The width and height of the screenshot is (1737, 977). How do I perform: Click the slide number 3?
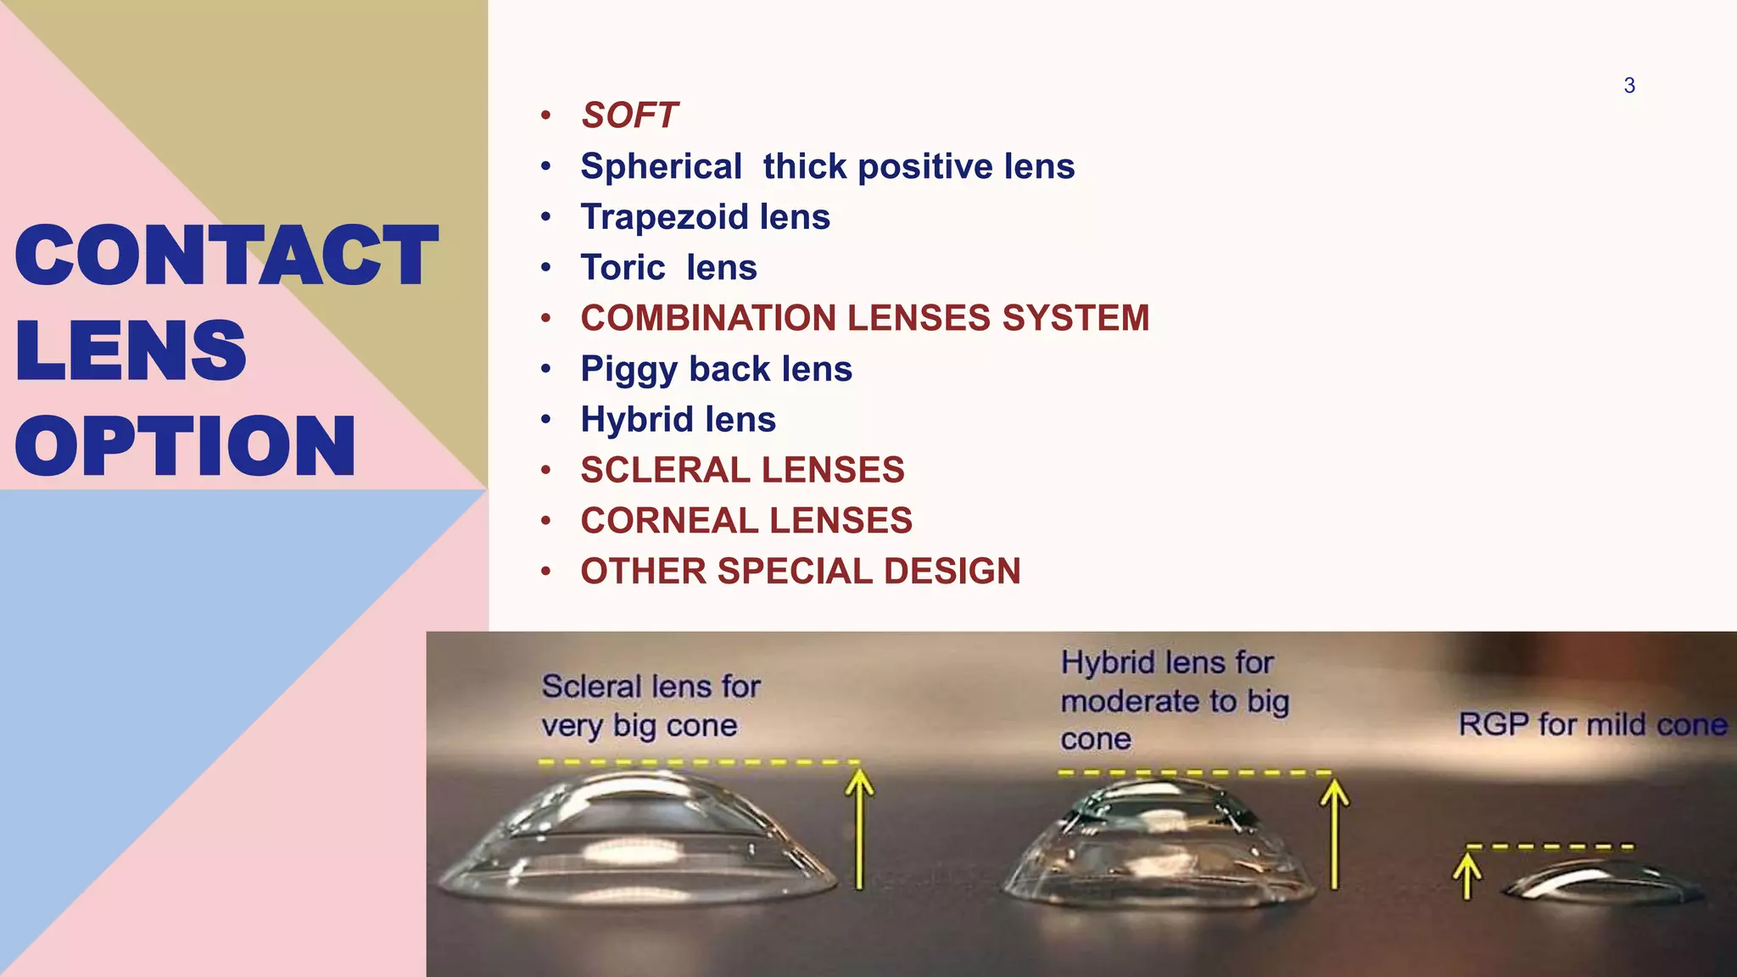[1629, 86]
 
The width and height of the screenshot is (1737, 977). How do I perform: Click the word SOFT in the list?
[629, 115]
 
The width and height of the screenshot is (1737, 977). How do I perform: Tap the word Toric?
[623, 268]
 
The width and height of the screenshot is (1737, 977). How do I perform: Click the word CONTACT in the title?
[226, 255]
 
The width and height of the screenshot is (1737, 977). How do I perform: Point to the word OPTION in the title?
[185, 446]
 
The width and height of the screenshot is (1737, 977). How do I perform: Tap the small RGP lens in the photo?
[1603, 882]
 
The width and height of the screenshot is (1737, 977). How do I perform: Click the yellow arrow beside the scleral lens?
[860, 827]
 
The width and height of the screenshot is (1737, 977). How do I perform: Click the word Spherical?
[661, 166]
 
